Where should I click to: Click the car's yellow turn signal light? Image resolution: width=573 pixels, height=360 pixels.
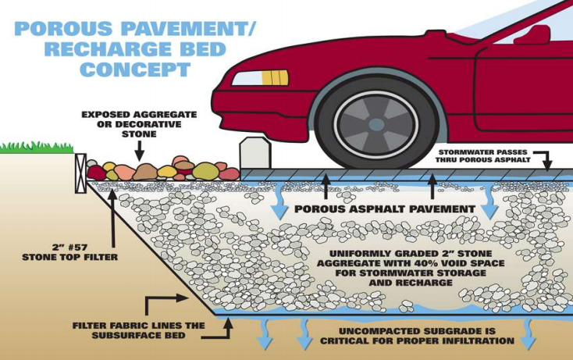click(274, 77)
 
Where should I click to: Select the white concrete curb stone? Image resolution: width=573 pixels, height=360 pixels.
click(255, 153)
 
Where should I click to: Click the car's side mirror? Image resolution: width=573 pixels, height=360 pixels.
click(538, 34)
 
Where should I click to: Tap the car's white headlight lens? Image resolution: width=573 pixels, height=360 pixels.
click(248, 77)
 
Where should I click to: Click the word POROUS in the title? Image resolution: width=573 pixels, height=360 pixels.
click(55, 28)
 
